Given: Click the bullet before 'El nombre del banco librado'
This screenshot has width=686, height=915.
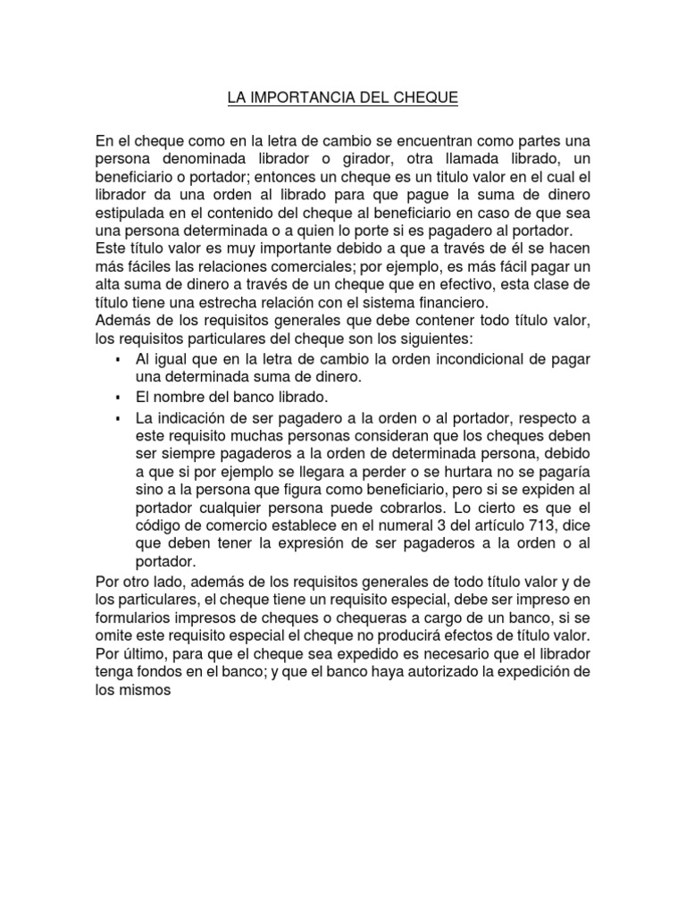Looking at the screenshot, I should coord(118,397).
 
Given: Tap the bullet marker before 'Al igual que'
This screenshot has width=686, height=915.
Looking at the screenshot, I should coord(118,358).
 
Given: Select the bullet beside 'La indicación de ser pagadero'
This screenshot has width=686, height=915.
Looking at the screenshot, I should coord(118,417).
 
